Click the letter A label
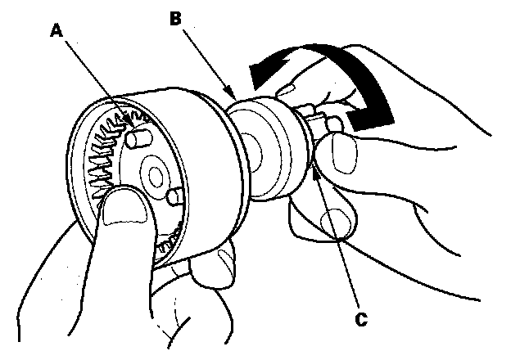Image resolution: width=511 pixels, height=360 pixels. (56, 29)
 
